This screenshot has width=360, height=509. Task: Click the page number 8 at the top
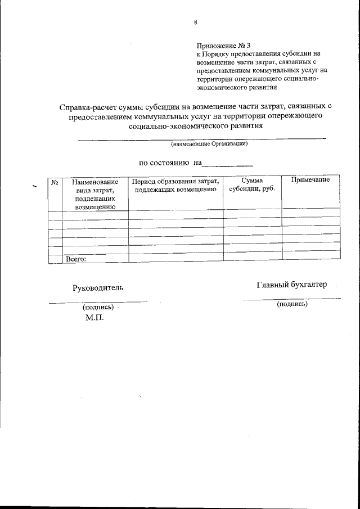pos(195,22)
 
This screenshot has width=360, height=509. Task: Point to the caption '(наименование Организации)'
pos(209,144)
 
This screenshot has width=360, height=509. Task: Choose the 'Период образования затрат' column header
pos(176,186)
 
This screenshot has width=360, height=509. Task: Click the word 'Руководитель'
pos(98,288)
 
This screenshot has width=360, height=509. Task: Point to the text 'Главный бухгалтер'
pos(291,285)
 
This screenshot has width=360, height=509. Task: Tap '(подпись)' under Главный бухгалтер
pos(292,304)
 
